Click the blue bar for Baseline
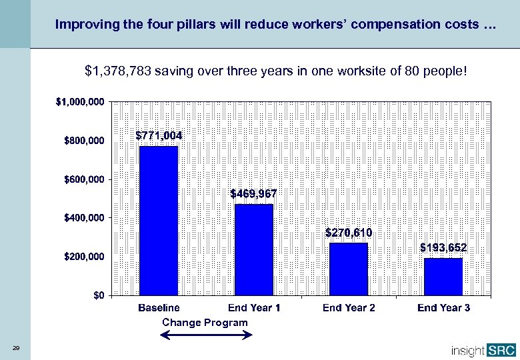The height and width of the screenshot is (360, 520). click(x=159, y=220)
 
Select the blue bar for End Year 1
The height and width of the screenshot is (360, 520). click(x=254, y=249)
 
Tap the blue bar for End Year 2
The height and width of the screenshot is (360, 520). click(x=349, y=269)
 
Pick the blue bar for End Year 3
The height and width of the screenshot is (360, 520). click(x=443, y=276)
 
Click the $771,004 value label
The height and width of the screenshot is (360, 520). click(x=159, y=135)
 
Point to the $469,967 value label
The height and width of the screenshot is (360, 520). click(x=253, y=193)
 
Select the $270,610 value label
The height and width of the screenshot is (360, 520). click(x=349, y=233)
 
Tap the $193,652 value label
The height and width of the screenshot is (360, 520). click(x=443, y=247)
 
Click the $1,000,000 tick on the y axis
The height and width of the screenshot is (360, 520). click(x=80, y=102)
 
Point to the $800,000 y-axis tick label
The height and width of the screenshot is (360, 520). click(x=83, y=141)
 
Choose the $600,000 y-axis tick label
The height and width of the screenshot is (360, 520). click(x=83, y=179)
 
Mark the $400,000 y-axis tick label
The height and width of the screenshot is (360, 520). click(x=83, y=218)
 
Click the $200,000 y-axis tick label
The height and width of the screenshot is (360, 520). click(x=83, y=257)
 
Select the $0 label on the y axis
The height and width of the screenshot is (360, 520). click(x=98, y=295)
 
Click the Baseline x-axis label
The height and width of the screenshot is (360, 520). click(x=159, y=308)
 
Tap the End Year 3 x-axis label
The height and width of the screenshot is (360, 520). click(x=443, y=308)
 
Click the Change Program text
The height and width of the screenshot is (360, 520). click(x=205, y=323)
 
